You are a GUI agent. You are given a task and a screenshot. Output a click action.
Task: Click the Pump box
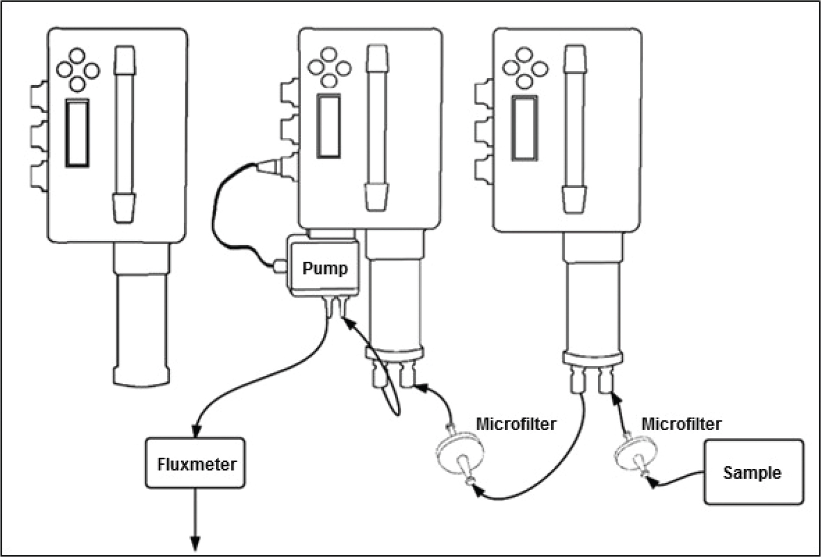tap(324, 267)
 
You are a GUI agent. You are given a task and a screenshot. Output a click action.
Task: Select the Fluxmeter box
tap(196, 463)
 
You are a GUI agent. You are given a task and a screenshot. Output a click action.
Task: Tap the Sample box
tap(753, 472)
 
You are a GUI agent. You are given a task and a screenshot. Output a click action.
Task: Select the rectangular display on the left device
tap(78, 133)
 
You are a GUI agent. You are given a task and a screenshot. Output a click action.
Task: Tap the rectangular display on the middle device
tap(329, 126)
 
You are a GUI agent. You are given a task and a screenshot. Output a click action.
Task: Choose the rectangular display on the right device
tap(525, 127)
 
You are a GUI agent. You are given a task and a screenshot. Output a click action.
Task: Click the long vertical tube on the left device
tap(124, 133)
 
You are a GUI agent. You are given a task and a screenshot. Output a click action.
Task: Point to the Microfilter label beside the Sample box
tap(682, 424)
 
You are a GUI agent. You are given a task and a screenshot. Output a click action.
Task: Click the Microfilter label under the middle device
tap(516, 424)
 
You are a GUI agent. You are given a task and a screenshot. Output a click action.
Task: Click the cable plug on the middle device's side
tap(269, 168)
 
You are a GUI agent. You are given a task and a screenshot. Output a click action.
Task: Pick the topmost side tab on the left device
tap(39, 96)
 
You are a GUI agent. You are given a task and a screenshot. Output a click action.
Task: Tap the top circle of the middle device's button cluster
tap(329, 56)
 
